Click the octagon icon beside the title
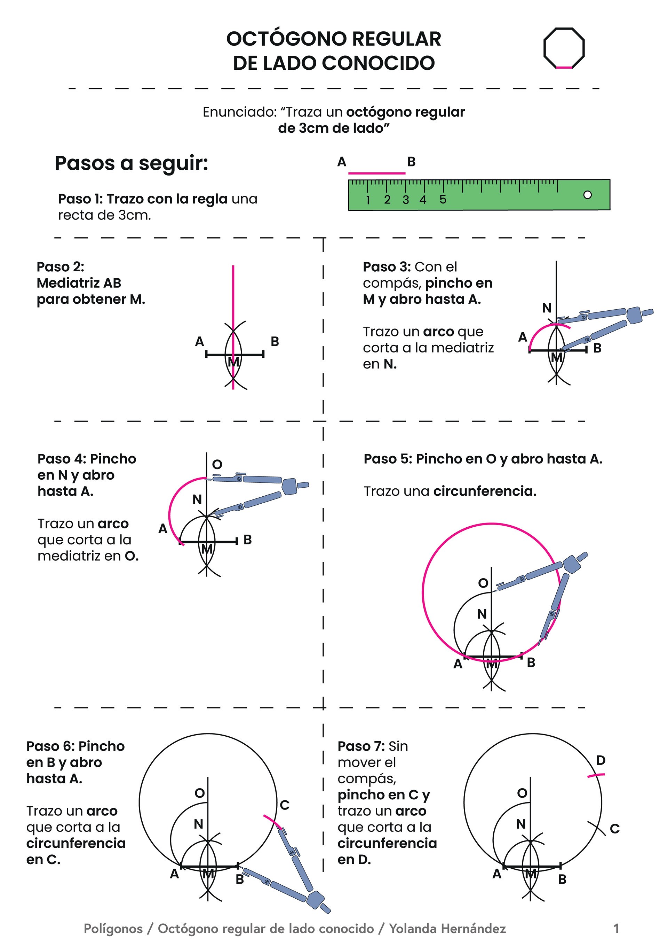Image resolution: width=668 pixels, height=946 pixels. [564, 48]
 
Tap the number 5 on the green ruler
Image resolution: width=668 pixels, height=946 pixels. [443, 200]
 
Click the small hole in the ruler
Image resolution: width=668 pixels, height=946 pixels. [587, 194]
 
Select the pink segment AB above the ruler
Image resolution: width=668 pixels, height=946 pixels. [376, 173]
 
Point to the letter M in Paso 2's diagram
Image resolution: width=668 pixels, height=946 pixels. [233, 362]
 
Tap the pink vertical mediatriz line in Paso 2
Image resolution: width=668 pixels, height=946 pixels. [233, 297]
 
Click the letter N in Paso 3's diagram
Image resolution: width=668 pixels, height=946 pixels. [547, 308]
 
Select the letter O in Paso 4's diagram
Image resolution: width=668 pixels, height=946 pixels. [217, 464]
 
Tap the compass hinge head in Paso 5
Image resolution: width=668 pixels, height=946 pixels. [572, 564]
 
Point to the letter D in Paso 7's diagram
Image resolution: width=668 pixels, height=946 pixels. [601, 760]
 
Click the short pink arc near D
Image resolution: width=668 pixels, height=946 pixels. [596, 775]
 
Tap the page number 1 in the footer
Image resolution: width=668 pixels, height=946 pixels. [616, 928]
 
